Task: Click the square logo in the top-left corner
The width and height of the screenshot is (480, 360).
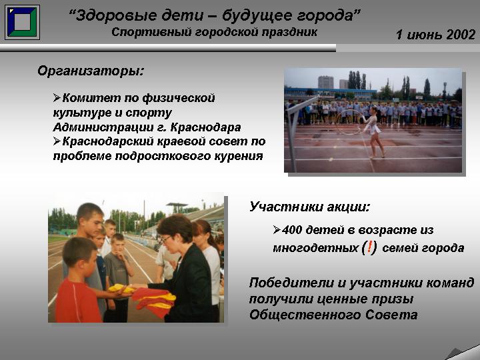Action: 22,22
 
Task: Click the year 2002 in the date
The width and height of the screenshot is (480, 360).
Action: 461,35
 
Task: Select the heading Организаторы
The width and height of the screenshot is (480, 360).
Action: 91,71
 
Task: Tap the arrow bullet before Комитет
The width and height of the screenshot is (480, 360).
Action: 57,98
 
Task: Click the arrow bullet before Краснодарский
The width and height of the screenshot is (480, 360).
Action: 57,141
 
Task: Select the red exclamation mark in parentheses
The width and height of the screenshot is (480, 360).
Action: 369,247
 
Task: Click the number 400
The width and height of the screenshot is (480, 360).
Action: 292,230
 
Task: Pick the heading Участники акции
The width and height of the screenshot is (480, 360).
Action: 309,207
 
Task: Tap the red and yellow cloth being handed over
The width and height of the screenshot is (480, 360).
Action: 153,299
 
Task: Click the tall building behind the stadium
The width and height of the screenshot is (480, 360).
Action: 326,83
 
